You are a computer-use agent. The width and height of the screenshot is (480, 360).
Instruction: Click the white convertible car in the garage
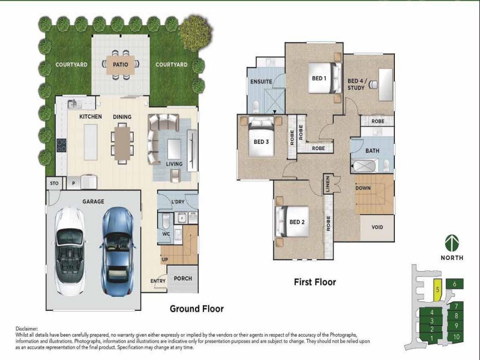(70, 251)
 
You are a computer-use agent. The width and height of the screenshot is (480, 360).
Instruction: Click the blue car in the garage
(118, 251)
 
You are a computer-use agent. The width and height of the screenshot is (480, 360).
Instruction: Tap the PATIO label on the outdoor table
(121, 65)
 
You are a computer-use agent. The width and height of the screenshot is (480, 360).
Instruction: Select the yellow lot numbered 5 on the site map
(438, 290)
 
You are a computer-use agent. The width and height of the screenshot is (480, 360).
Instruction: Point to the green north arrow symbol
(452, 243)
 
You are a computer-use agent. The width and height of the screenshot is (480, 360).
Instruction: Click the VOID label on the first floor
(377, 227)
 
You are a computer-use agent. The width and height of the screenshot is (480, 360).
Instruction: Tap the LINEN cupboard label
(328, 184)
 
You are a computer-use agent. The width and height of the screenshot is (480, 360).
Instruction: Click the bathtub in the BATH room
(364, 166)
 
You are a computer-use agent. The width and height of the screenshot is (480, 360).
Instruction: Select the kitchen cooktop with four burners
(61, 145)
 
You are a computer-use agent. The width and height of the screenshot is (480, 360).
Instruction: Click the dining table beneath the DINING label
(122, 143)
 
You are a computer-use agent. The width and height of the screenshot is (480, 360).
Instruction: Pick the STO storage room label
(54, 184)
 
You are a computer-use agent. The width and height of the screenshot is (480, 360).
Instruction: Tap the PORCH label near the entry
(183, 278)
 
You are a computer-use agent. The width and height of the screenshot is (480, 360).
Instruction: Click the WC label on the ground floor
(166, 234)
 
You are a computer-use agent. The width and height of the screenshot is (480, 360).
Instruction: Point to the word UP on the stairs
(164, 260)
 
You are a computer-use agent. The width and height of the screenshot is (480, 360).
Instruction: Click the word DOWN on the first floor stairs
(363, 188)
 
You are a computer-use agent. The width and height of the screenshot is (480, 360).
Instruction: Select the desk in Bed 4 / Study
(386, 85)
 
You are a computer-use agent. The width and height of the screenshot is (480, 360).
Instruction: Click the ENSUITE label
(261, 82)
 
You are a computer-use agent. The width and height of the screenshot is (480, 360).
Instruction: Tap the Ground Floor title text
(197, 308)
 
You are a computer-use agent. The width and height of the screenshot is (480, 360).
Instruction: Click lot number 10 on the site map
(456, 337)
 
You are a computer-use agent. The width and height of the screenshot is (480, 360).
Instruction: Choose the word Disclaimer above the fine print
(27, 329)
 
